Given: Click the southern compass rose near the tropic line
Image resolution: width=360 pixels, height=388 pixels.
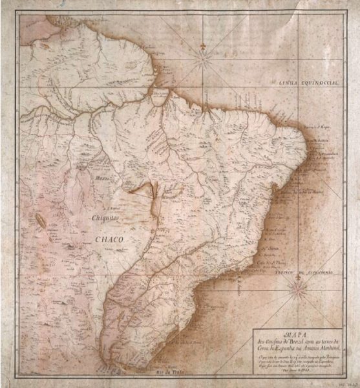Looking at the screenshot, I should (x=298, y=283).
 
